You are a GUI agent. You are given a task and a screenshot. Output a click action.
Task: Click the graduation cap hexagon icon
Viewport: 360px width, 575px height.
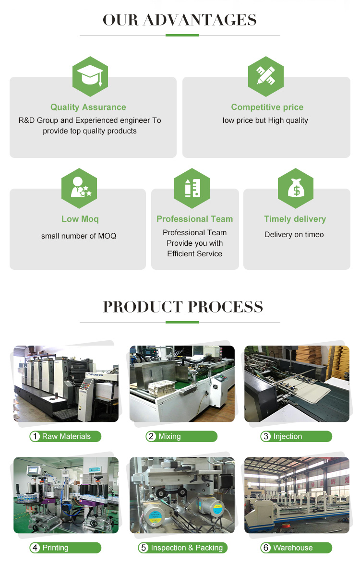(90, 76)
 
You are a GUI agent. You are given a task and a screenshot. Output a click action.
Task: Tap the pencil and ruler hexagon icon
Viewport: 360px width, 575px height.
(266, 76)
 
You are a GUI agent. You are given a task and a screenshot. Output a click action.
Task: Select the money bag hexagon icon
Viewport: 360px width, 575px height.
(296, 188)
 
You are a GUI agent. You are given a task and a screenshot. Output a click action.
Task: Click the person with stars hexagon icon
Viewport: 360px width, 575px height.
(79, 188)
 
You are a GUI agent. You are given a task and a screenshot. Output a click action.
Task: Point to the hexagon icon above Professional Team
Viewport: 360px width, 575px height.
(192, 188)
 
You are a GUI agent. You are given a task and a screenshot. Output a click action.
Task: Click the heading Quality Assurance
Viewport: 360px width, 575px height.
(88, 107)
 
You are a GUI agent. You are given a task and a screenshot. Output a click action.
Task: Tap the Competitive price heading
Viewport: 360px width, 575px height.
(267, 107)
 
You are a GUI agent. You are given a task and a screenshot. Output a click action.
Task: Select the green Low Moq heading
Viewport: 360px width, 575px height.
(80, 219)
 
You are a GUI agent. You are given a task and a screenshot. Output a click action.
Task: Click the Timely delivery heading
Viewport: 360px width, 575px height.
(295, 219)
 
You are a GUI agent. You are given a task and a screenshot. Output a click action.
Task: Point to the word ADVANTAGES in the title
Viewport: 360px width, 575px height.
(200, 20)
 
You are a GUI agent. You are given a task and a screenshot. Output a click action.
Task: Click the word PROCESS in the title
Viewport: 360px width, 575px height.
(226, 307)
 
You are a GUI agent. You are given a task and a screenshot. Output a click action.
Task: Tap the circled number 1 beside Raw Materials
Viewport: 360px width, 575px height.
(35, 436)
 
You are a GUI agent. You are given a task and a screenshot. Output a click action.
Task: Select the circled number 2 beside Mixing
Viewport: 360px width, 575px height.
(151, 436)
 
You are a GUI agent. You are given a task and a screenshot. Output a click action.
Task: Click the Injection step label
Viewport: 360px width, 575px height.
(288, 436)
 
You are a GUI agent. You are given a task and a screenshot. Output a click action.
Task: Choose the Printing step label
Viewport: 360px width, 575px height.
(55, 548)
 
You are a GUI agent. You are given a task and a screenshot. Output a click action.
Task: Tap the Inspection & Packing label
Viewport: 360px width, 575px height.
(187, 548)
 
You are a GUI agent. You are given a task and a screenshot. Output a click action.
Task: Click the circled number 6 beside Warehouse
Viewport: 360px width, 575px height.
(266, 548)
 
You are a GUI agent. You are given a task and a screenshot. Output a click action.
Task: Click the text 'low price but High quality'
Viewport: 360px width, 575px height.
(265, 120)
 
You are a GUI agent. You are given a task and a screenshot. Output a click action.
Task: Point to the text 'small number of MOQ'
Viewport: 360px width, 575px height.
(79, 236)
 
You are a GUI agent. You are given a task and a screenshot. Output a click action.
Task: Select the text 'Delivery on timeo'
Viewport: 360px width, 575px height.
(294, 235)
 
